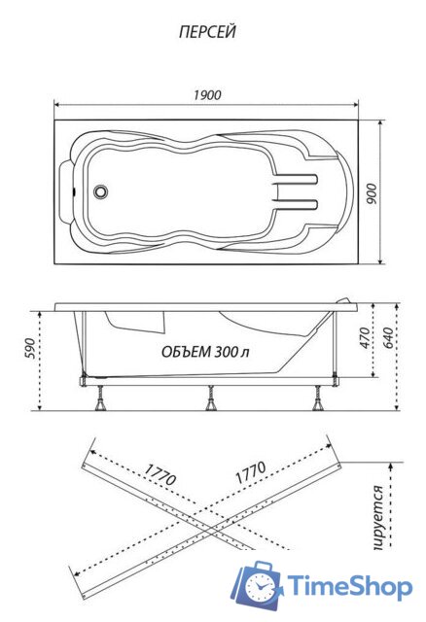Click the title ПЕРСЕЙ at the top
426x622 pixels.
pyautogui.click(x=208, y=32)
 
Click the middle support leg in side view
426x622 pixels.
pyautogui.click(x=210, y=397)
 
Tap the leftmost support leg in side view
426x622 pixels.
pyautogui.click(x=101, y=397)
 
